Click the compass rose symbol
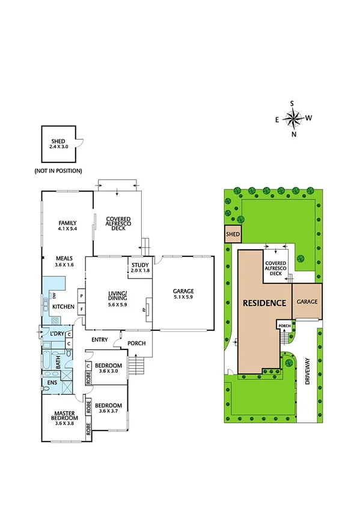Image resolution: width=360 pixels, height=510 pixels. [x=293, y=119]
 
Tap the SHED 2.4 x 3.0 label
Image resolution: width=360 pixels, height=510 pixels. [x=58, y=144]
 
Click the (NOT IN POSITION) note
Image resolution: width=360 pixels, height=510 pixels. [x=58, y=171]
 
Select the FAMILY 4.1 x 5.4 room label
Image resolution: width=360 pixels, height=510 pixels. [x=67, y=226]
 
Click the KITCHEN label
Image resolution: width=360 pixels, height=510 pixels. [x=63, y=307]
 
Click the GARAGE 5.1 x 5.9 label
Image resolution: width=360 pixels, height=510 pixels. [x=184, y=295]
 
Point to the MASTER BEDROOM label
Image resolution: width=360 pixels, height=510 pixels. [x=63, y=416]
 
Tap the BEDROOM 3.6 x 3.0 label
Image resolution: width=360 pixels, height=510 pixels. [x=109, y=368]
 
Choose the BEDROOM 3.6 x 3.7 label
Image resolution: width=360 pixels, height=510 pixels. [x=109, y=408]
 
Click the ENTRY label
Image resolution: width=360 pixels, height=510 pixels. [x=100, y=340]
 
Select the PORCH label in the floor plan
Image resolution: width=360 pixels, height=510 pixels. [x=136, y=344]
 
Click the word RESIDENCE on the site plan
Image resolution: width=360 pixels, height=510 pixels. [x=264, y=303]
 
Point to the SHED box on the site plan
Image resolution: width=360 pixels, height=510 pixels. [x=232, y=235]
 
